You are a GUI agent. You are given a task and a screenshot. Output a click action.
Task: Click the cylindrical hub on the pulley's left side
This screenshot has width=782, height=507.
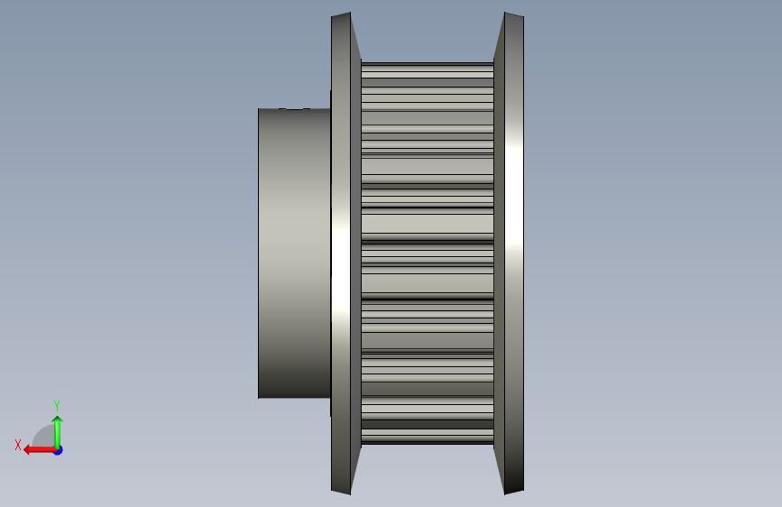coord(294,253)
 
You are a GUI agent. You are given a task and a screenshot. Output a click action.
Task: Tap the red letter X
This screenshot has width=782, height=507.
coord(18,445)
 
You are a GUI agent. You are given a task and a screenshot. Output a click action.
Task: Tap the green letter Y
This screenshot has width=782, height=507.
coord(57,405)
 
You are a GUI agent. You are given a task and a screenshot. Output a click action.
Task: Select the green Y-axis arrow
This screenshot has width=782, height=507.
coord(58,432)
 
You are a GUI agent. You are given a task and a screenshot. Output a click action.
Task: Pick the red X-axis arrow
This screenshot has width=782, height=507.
coord(40,450)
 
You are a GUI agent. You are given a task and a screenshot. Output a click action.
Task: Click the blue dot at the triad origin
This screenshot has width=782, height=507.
coord(59,450)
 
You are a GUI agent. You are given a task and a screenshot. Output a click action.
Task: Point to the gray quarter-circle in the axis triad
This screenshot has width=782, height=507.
coord(44,437)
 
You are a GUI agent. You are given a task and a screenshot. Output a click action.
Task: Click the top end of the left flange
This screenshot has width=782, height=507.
coord(341,14)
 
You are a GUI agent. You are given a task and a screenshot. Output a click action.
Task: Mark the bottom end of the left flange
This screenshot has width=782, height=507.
coord(341,492)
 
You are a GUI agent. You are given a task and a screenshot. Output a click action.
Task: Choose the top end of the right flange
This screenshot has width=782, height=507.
coord(514,14)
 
